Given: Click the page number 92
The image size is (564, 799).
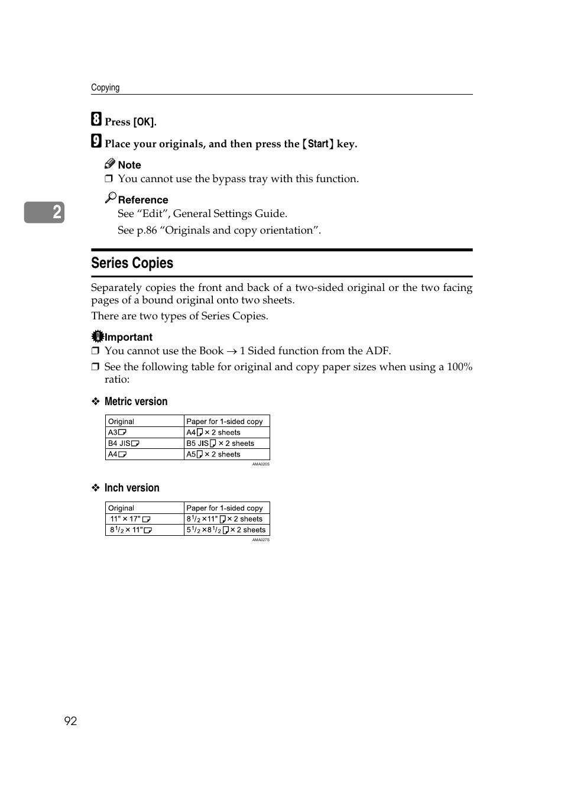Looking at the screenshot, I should (x=70, y=720).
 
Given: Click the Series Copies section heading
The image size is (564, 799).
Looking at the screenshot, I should (x=132, y=263).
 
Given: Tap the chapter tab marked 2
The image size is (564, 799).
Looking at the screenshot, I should (x=44, y=212).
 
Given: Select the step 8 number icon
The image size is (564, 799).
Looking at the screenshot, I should (x=96, y=119).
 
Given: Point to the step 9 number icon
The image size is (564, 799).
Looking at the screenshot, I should (x=96, y=141).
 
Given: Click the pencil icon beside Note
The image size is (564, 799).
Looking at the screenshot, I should (x=110, y=164).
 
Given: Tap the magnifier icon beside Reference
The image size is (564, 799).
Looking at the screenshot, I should (x=111, y=198).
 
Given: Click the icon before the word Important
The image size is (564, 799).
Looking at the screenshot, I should (x=98, y=336).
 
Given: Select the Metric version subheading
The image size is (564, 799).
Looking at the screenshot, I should (x=135, y=402).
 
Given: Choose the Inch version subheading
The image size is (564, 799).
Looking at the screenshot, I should (x=131, y=488).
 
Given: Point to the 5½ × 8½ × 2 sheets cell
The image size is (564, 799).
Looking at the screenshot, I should (x=226, y=530).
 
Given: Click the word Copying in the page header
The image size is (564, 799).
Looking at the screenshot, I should (x=105, y=88).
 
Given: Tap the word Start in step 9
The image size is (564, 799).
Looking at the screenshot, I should (x=318, y=144).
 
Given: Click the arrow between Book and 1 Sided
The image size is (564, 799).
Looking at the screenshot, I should (x=232, y=351).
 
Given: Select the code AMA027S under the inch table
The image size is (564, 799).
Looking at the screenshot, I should (x=261, y=539).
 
